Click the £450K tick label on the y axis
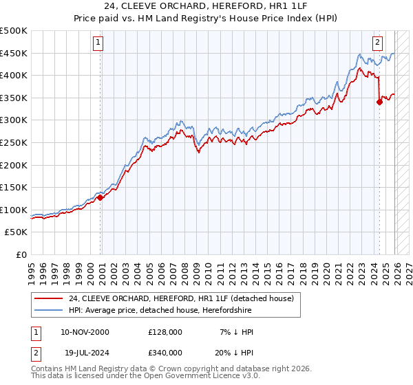(14, 53)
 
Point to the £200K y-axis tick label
(14, 165)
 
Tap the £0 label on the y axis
(21, 254)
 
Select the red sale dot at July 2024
(379, 102)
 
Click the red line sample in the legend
(49, 298)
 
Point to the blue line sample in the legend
(49, 310)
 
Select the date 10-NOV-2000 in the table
(85, 331)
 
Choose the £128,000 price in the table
(165, 331)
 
